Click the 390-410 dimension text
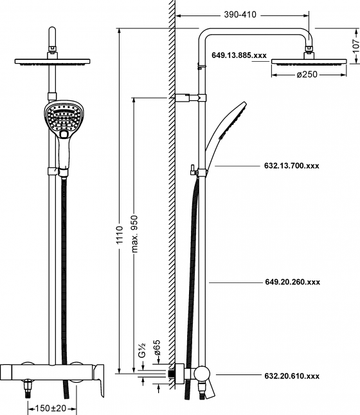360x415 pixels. click(240, 15)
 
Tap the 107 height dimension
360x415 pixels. click(356, 46)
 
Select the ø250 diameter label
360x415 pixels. click(307, 75)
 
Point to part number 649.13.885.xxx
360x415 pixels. click(239, 55)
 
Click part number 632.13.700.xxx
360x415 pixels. click(291, 166)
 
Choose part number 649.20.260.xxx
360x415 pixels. click(292, 282)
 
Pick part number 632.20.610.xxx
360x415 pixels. click(292, 376)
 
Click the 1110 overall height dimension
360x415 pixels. click(120, 235)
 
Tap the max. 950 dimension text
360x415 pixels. click(134, 234)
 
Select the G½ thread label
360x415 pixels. click(142, 350)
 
